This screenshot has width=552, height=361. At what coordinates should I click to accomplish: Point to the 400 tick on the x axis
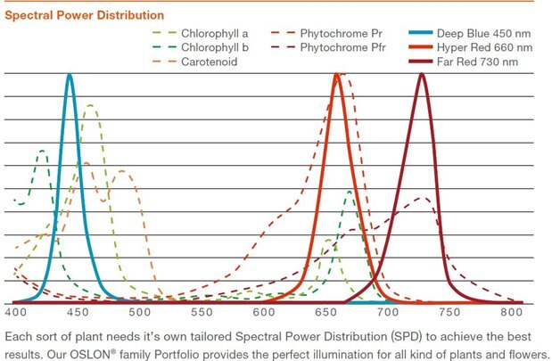coord(16,314)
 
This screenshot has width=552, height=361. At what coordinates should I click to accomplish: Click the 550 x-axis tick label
coord(202,314)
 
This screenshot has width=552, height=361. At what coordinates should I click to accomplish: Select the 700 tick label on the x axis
coord(387,314)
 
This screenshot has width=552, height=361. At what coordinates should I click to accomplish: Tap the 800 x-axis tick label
coord(511,314)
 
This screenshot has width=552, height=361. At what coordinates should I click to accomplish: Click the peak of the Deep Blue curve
coord(69,75)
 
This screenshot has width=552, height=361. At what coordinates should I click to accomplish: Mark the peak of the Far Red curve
coord(422,75)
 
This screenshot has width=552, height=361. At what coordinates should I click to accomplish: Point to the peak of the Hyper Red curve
coord(336,75)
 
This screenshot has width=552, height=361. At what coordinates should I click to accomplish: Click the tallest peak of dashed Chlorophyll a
coord(90,106)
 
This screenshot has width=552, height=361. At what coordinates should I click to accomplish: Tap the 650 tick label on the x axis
coord(325,314)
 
